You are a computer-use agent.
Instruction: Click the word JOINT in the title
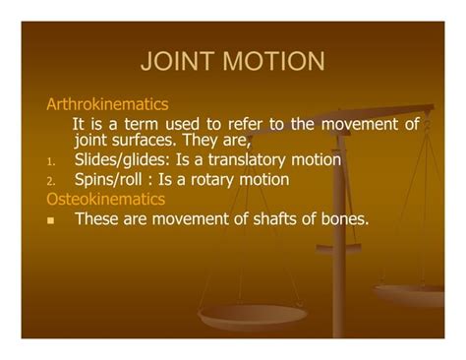[181, 62]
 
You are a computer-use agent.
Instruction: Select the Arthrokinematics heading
[107, 103]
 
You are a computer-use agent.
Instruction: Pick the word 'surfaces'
[150, 141]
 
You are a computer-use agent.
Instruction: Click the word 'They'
[207, 141]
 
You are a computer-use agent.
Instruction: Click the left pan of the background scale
[253, 317]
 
